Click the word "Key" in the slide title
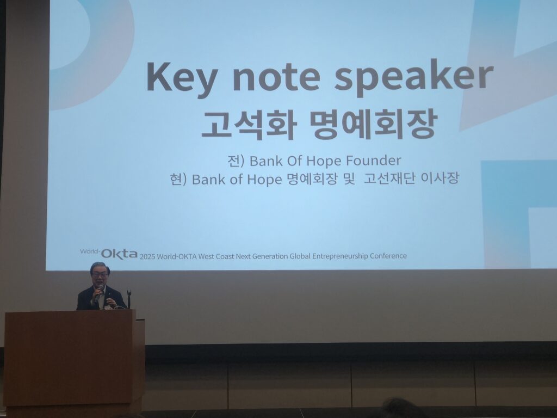(x=181, y=78)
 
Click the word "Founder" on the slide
(x=373, y=161)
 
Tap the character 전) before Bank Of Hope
(x=236, y=161)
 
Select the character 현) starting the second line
(x=178, y=179)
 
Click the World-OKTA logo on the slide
(x=109, y=254)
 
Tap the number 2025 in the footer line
(x=147, y=257)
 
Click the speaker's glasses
(x=100, y=275)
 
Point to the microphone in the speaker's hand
(x=99, y=291)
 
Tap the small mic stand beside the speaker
(x=129, y=299)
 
